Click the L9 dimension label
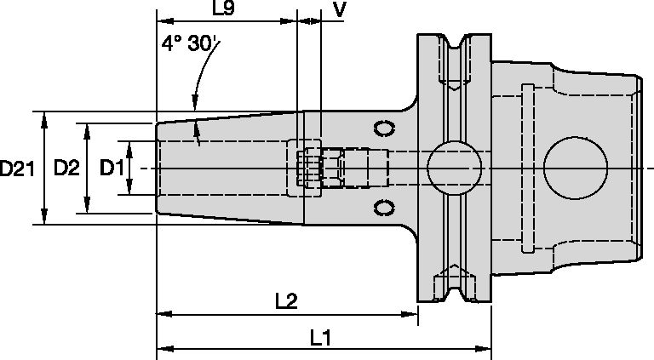pyautogui.click(x=223, y=9)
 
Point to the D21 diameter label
pyautogui.click(x=16, y=169)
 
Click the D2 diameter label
pyautogui.click(x=66, y=169)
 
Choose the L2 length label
pyautogui.click(x=285, y=302)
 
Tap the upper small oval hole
pyautogui.click(x=386, y=129)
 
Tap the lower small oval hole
pyautogui.click(x=386, y=207)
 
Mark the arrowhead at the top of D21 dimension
pyautogui.click(x=44, y=117)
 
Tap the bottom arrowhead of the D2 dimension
pyautogui.click(x=86, y=209)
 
